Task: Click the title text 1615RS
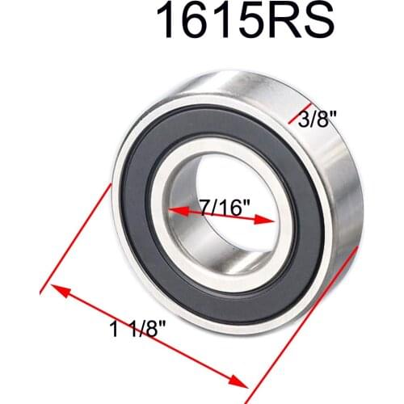point(246,22)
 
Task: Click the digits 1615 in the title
point(205,22)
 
